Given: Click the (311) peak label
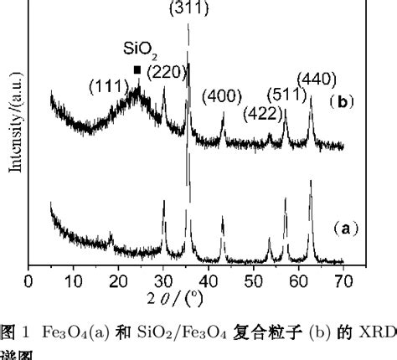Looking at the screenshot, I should pyautogui.click(x=189, y=9).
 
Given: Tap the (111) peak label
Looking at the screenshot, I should pyautogui.click(x=109, y=85).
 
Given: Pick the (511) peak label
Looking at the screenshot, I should pyautogui.click(x=285, y=94).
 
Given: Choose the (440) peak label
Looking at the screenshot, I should pyautogui.click(x=316, y=79).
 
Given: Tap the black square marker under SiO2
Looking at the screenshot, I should pyautogui.click(x=137, y=70).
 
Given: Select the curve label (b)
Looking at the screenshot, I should pyautogui.click(x=343, y=103).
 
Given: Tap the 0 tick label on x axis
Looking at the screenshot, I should pyautogui.click(x=29, y=280).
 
